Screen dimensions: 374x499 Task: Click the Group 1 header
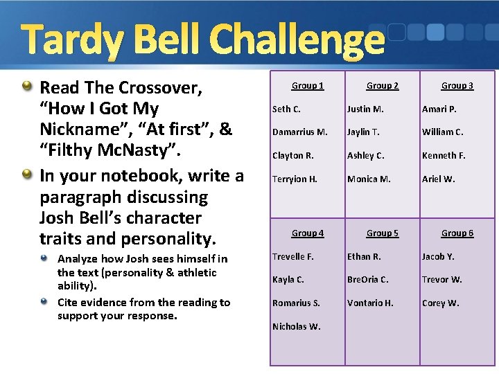[x=307, y=86]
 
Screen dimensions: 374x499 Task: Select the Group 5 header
[x=382, y=233]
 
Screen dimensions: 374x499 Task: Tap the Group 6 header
[x=457, y=233]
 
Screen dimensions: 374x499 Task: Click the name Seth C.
[x=286, y=109]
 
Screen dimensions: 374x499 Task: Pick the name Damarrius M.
[x=299, y=132]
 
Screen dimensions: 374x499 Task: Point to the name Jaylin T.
[x=363, y=132]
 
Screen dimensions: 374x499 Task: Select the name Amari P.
[x=439, y=109]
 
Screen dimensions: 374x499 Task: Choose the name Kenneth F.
[x=444, y=156]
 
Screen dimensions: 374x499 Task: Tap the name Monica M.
[x=369, y=179]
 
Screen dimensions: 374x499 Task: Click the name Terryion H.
[x=295, y=179]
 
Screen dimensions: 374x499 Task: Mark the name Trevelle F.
[x=292, y=256]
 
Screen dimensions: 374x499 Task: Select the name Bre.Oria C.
[x=367, y=280]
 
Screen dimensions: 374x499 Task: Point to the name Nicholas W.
[x=296, y=327]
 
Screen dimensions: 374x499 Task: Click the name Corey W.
[x=440, y=303]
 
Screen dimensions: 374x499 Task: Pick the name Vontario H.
[x=370, y=303]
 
